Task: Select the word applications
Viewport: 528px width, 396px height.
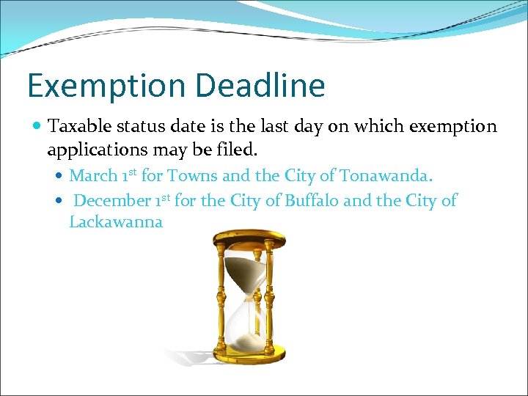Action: click(x=97, y=150)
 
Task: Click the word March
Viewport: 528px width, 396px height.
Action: click(x=93, y=176)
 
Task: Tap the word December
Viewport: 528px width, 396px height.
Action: click(x=112, y=200)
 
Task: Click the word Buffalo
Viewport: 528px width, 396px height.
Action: click(x=309, y=200)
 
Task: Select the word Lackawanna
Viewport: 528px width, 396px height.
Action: click(x=116, y=222)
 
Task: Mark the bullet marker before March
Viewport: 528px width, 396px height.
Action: click(x=59, y=177)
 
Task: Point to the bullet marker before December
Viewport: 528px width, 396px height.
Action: click(x=59, y=201)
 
